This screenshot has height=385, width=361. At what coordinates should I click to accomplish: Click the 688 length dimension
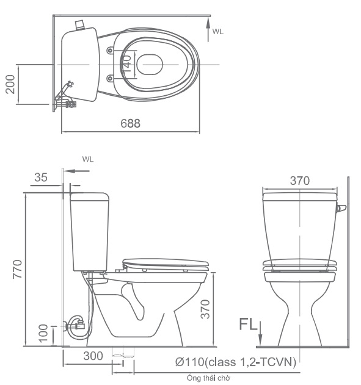click(x=130, y=123)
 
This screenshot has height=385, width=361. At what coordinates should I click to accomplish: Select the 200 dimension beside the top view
click(x=10, y=84)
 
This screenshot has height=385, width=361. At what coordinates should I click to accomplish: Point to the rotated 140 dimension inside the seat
click(x=128, y=62)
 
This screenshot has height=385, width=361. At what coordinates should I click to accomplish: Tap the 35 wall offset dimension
click(x=40, y=178)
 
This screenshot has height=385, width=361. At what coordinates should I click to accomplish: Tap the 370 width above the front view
click(x=299, y=181)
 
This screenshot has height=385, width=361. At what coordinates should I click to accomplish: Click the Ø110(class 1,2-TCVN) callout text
click(x=236, y=362)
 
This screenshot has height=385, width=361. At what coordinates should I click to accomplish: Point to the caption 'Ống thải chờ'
click(x=208, y=378)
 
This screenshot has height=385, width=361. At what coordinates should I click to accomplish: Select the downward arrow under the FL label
click(x=261, y=336)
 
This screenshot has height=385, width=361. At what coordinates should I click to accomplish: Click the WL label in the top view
click(x=217, y=31)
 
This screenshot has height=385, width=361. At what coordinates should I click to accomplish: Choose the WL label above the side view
click(x=87, y=159)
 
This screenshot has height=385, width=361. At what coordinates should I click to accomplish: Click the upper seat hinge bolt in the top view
click(x=110, y=49)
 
